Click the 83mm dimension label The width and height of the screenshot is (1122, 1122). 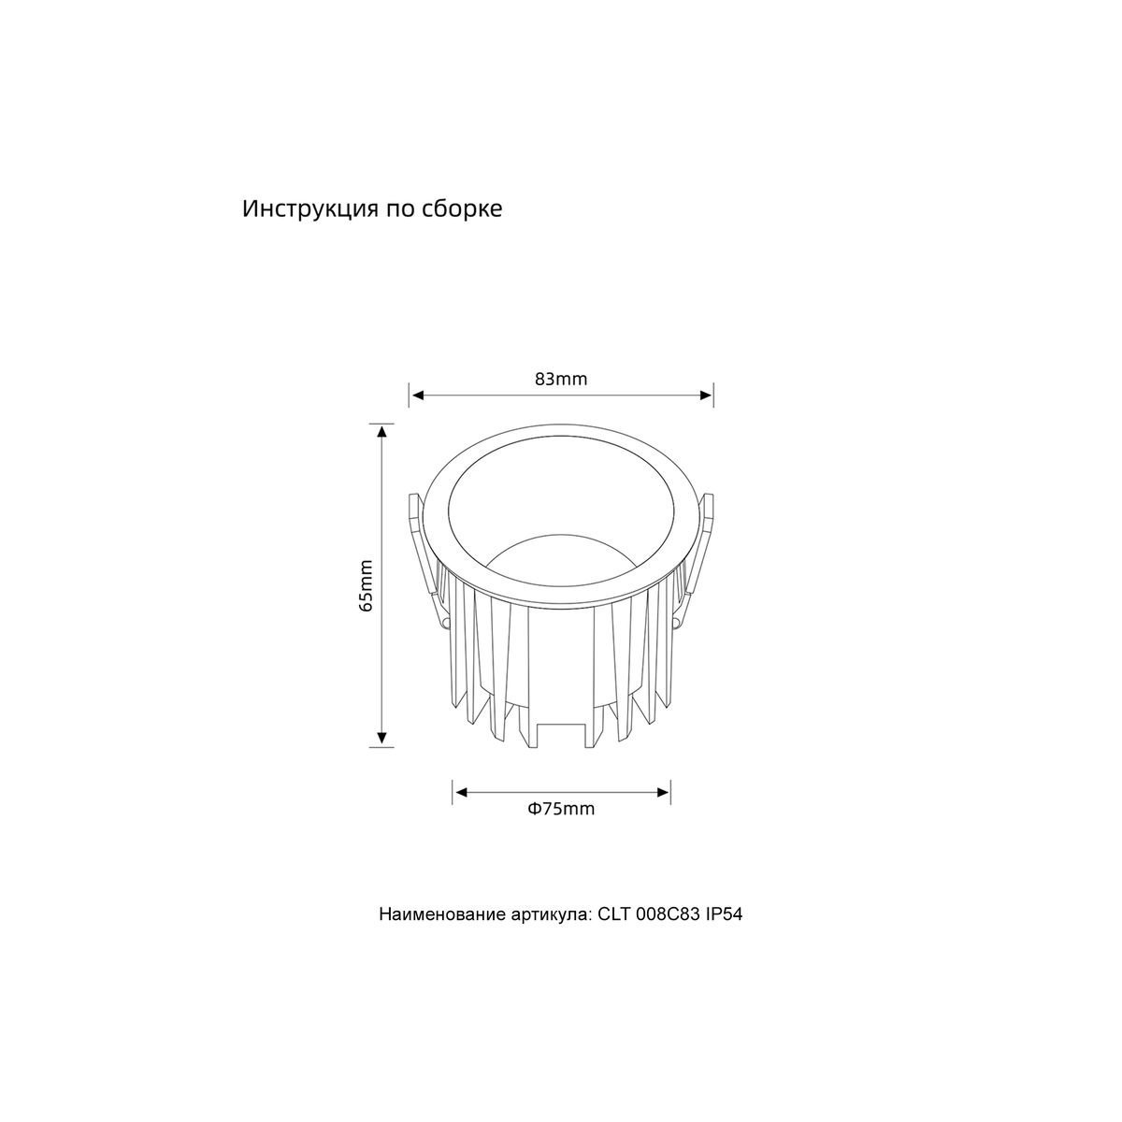561,379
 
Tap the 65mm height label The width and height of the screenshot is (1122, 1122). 367,585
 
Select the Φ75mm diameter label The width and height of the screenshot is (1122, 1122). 561,809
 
